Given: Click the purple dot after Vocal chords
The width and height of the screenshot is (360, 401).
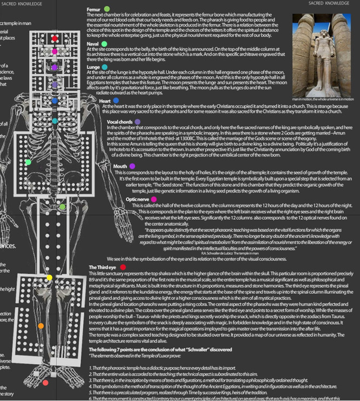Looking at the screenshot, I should [x=138, y=122].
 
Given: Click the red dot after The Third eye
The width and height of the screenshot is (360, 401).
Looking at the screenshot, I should [x=124, y=267].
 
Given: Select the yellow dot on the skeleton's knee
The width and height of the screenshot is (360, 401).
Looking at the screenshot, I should [x=49, y=278].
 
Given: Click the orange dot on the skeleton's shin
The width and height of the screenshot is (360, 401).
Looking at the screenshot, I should [x=41, y=326].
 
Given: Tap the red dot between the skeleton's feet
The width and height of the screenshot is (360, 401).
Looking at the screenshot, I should [x=45, y=382].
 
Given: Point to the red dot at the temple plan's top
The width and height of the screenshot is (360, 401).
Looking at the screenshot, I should [x=55, y=39].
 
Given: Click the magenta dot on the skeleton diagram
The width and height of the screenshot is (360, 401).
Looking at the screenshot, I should [x=55, y=51].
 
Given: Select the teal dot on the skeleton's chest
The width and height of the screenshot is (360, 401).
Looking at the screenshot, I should [x=55, y=120].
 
